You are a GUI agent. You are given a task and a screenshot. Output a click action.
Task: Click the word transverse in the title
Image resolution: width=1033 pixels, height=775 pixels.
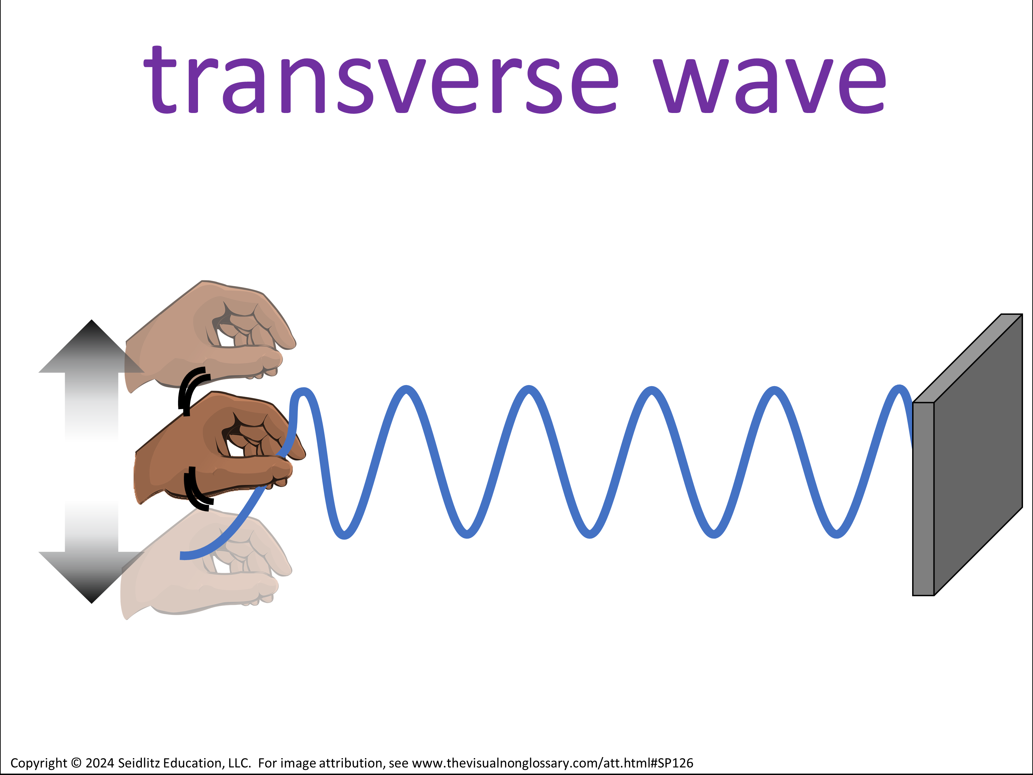pos(380,80)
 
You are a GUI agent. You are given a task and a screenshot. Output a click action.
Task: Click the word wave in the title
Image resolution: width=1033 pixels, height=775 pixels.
pos(769,85)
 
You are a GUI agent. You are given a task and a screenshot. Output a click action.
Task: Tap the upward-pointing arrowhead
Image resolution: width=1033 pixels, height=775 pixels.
pos(92,347)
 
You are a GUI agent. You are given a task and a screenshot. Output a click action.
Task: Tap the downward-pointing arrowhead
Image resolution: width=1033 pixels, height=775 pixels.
pos(92,577)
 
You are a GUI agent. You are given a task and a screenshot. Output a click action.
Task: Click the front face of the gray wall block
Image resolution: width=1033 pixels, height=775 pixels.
pos(923,499)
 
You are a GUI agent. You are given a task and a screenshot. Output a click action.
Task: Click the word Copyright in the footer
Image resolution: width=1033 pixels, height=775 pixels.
pos(39,763)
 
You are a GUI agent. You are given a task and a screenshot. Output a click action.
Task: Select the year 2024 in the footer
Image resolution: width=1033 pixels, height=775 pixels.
pos(100,763)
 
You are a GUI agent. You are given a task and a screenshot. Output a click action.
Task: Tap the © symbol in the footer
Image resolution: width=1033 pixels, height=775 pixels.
pos(76,763)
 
